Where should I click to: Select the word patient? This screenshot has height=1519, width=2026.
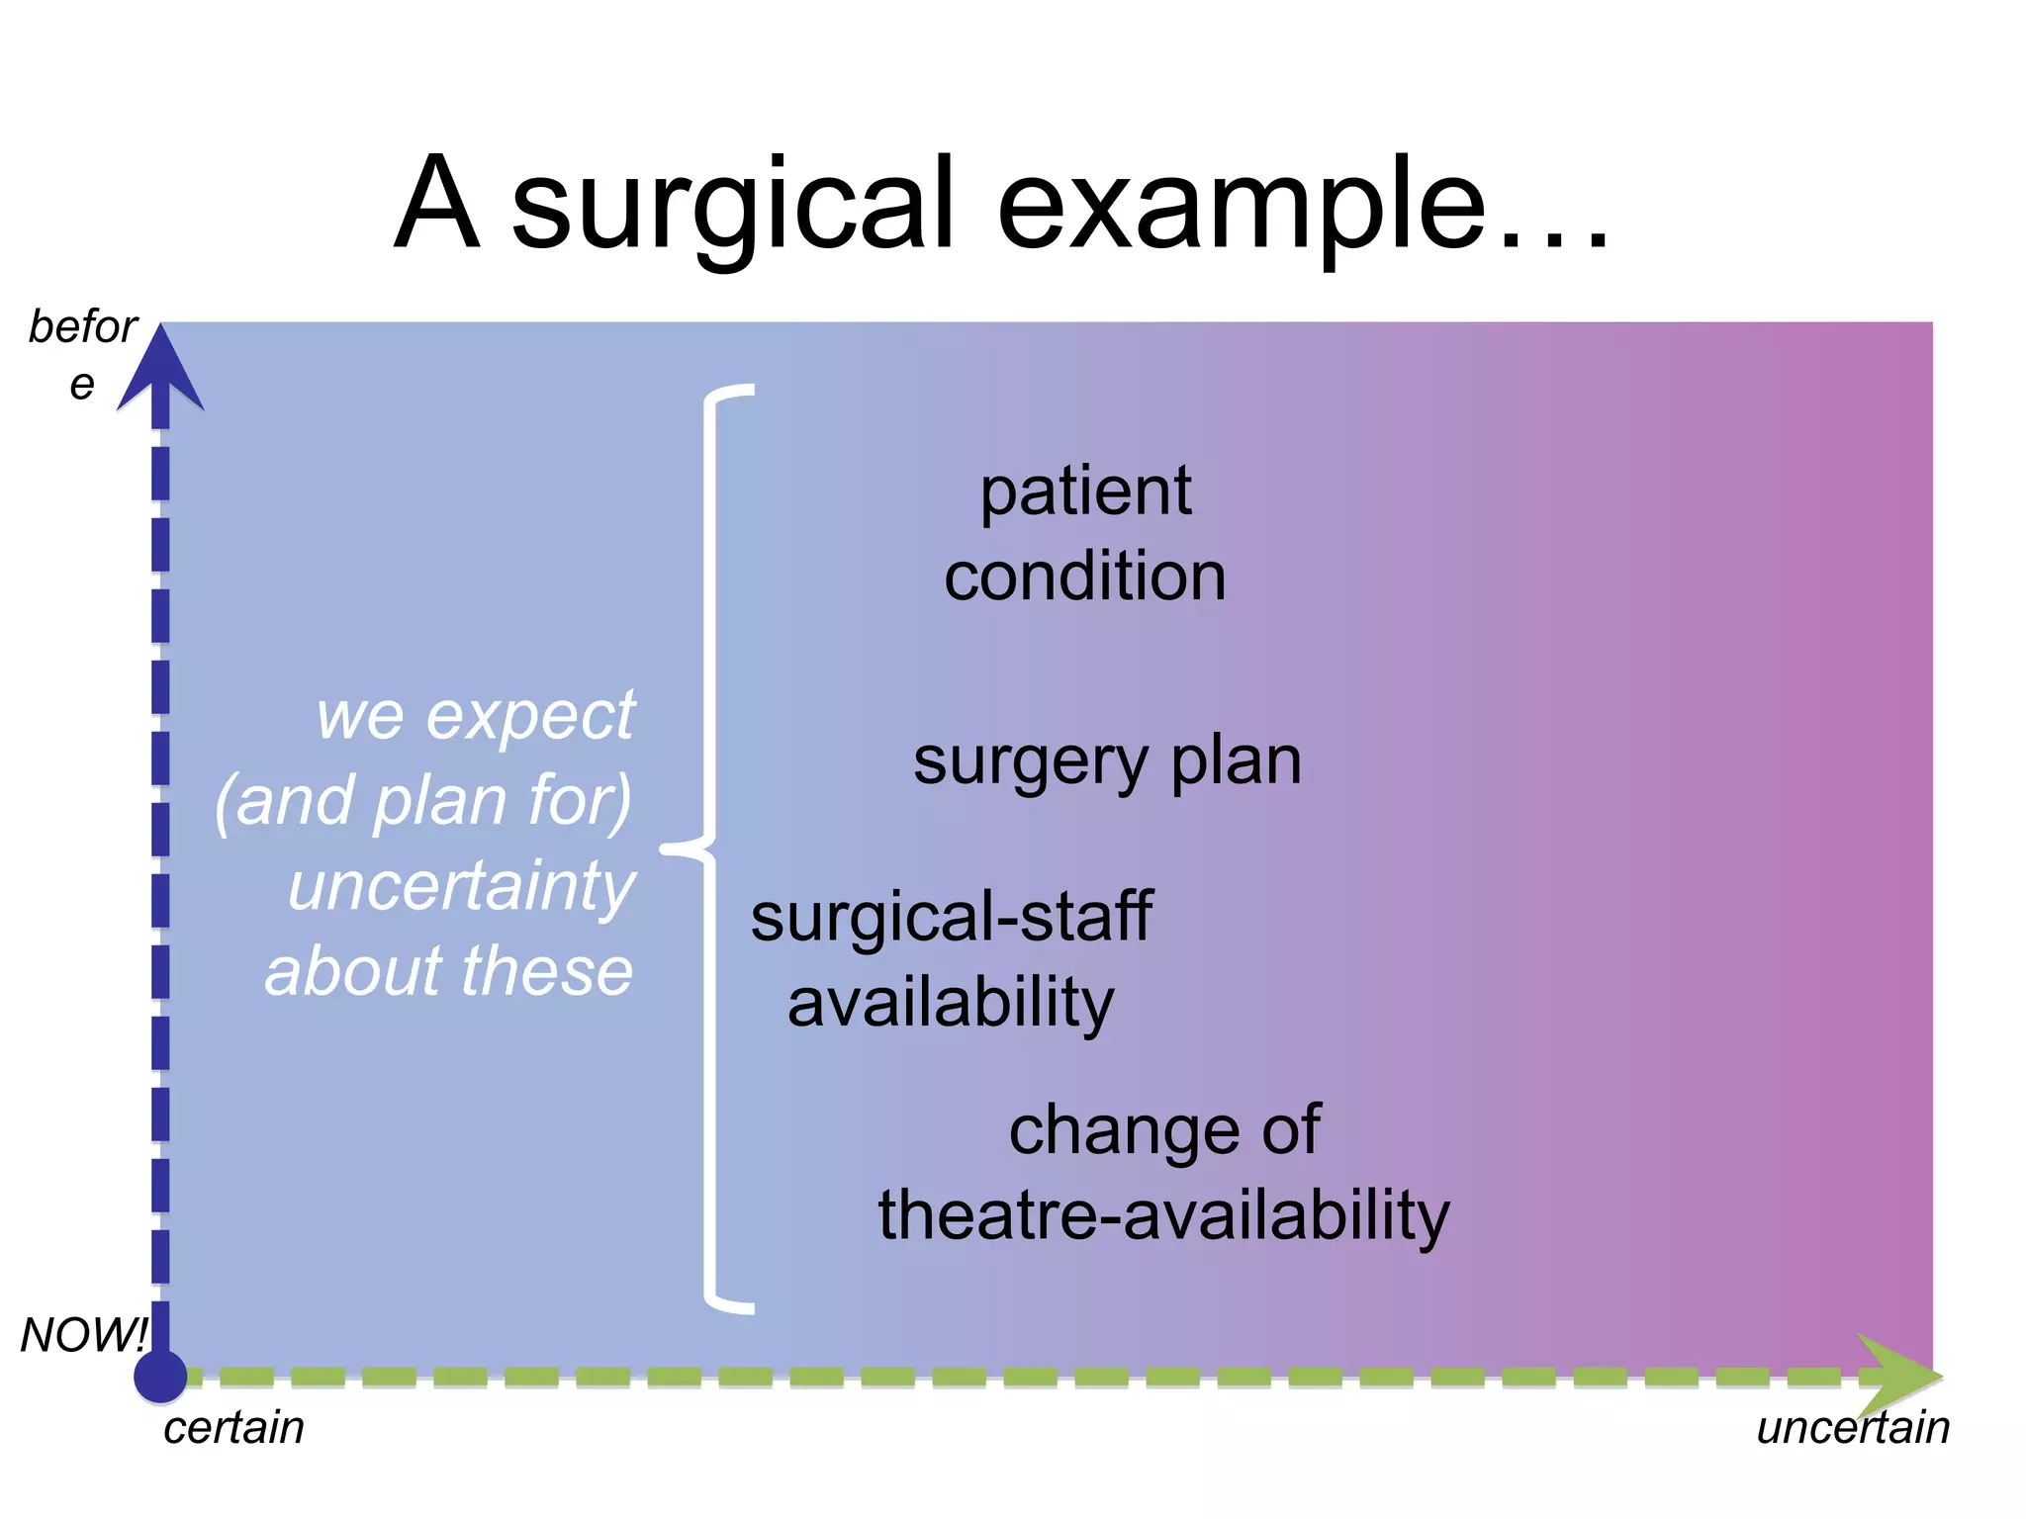[1085, 491]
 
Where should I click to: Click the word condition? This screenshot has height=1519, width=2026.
[1085, 577]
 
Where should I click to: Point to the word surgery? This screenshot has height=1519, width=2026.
[1030, 762]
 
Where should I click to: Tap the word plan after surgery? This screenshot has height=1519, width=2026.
[1236, 762]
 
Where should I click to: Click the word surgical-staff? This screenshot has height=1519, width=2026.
[951, 918]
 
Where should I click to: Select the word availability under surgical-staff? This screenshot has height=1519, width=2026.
[951, 1003]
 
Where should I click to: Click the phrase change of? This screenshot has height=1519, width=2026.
[1163, 1129]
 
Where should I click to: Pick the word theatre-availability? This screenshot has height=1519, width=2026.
[1163, 1214]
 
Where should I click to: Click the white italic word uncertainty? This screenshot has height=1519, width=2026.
[462, 886]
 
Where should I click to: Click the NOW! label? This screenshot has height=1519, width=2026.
[84, 1335]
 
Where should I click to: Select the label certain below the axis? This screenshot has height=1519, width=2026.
[233, 1428]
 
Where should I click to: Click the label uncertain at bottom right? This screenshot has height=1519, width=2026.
[1852, 1428]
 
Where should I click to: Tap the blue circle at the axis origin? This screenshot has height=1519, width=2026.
[160, 1376]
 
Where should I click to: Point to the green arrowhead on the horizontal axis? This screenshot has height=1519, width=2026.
[1896, 1376]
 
